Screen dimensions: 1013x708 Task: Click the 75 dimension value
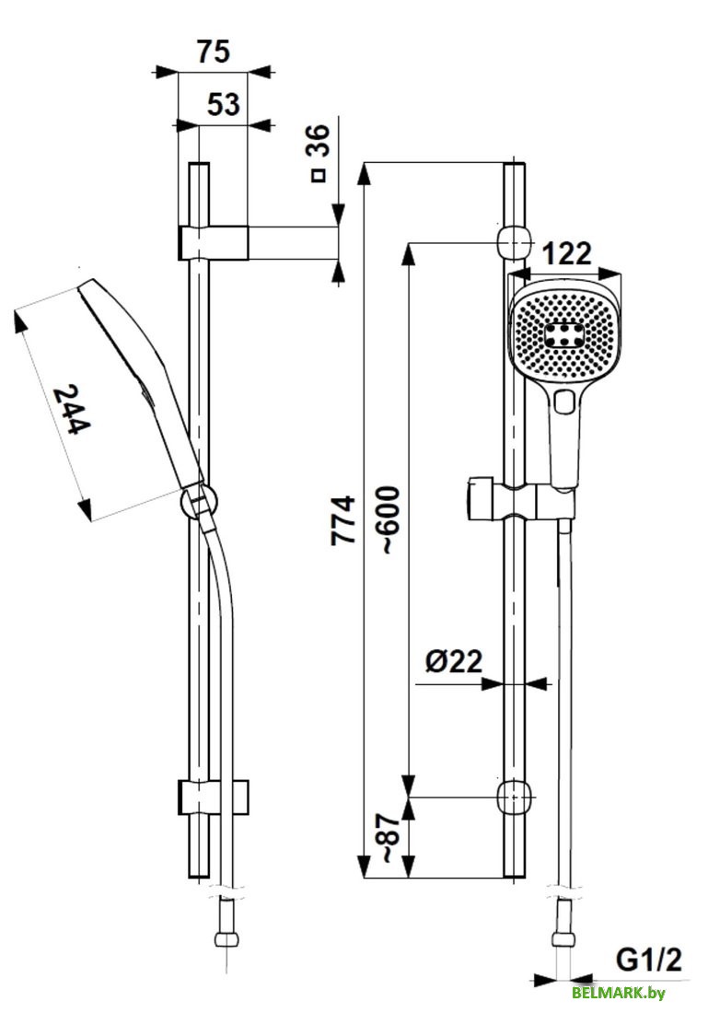pyautogui.click(x=213, y=52)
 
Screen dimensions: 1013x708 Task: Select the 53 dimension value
pyautogui.click(x=223, y=105)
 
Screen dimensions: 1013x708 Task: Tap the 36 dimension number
pyautogui.click(x=317, y=144)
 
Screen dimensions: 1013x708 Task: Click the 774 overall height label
pyautogui.click(x=343, y=520)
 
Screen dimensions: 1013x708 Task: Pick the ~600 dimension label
pyautogui.click(x=389, y=518)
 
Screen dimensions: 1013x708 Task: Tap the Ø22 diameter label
pyautogui.click(x=454, y=661)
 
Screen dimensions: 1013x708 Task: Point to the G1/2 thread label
pyautogui.click(x=649, y=961)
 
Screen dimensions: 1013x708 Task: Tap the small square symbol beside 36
pyautogui.click(x=319, y=174)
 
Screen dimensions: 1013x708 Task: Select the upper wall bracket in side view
pyautogui.click(x=215, y=242)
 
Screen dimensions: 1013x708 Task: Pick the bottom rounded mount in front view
pyautogui.click(x=515, y=797)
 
